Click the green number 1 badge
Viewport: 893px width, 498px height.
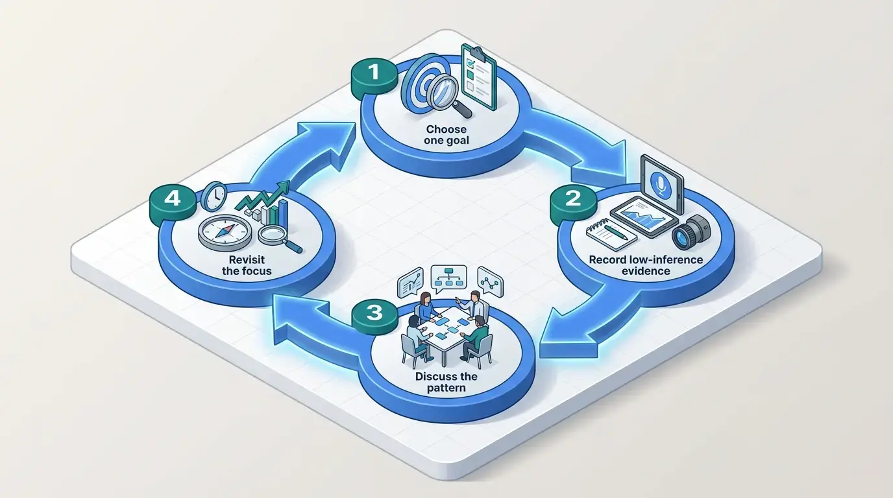click(x=374, y=77)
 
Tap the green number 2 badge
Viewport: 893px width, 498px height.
click(x=573, y=202)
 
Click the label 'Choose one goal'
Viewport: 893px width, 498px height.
click(x=446, y=135)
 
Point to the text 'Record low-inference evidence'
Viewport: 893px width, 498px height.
click(x=646, y=265)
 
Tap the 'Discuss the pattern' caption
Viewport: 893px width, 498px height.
click(x=446, y=382)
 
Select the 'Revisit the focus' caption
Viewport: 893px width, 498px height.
click(x=247, y=265)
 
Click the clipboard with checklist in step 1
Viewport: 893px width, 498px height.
click(x=478, y=77)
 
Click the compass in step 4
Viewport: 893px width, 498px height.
click(x=225, y=233)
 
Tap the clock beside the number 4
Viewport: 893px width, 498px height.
click(x=214, y=196)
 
